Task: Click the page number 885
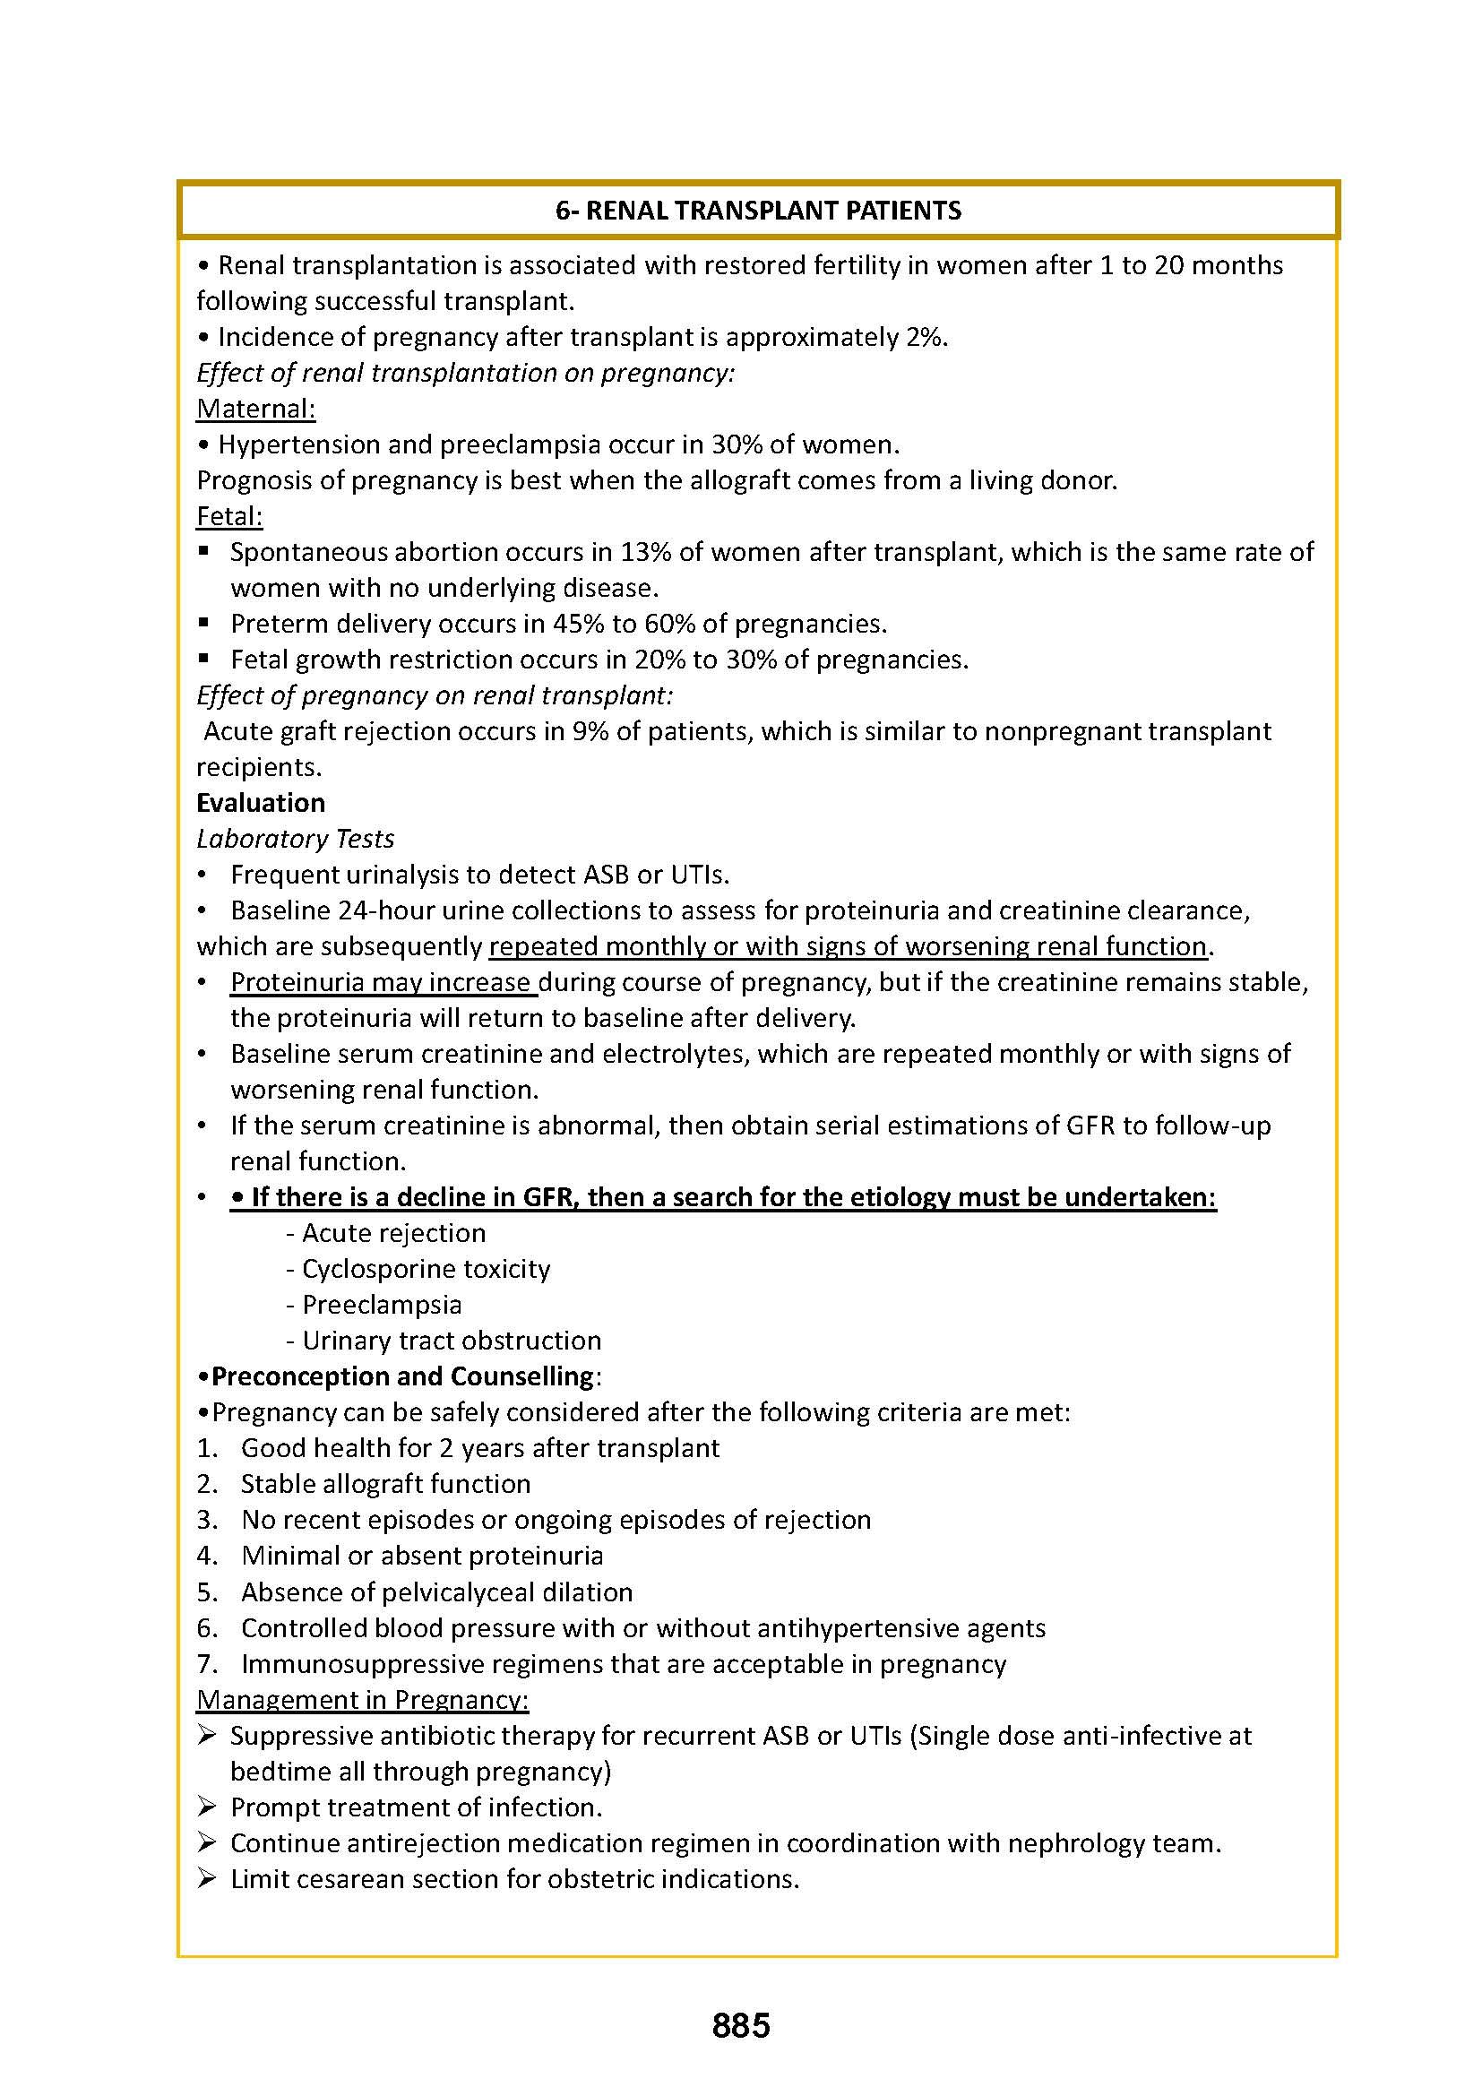pos(741,2025)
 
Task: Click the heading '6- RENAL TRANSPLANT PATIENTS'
pos(758,211)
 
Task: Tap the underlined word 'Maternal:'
pos(255,409)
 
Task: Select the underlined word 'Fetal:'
pos(229,517)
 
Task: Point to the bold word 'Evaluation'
pos(261,803)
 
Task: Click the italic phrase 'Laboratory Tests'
pos(296,839)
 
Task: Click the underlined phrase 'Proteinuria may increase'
pos(381,982)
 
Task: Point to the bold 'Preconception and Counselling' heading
pos(402,1376)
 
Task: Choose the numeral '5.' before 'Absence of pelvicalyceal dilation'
pos(207,1592)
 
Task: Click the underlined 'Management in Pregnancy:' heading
pos(362,1700)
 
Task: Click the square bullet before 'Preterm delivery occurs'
pos(204,623)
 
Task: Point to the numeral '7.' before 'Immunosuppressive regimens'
pos(207,1664)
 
